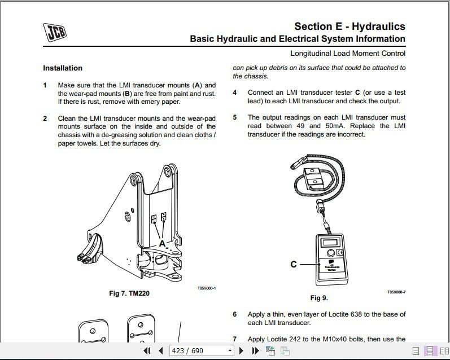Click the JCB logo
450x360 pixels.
(54, 32)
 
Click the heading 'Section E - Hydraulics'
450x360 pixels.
(349, 27)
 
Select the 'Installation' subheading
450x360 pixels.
(63, 68)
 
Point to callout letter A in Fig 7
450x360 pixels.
(162, 244)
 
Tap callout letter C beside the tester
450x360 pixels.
(294, 264)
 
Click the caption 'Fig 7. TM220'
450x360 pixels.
(129, 293)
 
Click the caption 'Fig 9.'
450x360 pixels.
(319, 298)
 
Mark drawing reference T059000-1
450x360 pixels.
(207, 288)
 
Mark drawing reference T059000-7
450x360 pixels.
(396, 292)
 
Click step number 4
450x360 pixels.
(235, 92)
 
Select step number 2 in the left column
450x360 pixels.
(45, 118)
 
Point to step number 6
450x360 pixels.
(235, 314)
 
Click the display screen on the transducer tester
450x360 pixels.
(329, 243)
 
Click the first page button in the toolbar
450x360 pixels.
(147, 350)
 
